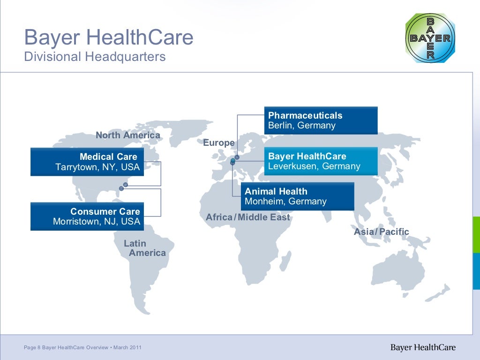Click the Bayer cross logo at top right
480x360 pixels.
coord(430,38)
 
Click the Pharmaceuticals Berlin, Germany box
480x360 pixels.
coord(321,120)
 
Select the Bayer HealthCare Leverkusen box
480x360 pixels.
coord(321,161)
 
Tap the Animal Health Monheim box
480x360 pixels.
coord(297,196)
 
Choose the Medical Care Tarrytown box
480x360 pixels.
coord(87,162)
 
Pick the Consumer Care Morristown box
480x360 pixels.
coord(87,217)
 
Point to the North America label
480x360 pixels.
coord(127,135)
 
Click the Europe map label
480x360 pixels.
coord(218,143)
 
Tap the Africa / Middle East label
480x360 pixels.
coord(248,217)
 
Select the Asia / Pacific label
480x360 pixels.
coord(381,232)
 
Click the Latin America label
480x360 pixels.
coord(144,248)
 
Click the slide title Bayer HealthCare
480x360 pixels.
coord(108,37)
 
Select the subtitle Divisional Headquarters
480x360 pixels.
coord(95,57)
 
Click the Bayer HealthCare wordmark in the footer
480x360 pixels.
coord(423,347)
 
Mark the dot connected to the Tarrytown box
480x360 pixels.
coord(125,185)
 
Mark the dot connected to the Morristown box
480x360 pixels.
coord(121,188)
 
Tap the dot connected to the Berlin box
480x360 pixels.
coord(237,157)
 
